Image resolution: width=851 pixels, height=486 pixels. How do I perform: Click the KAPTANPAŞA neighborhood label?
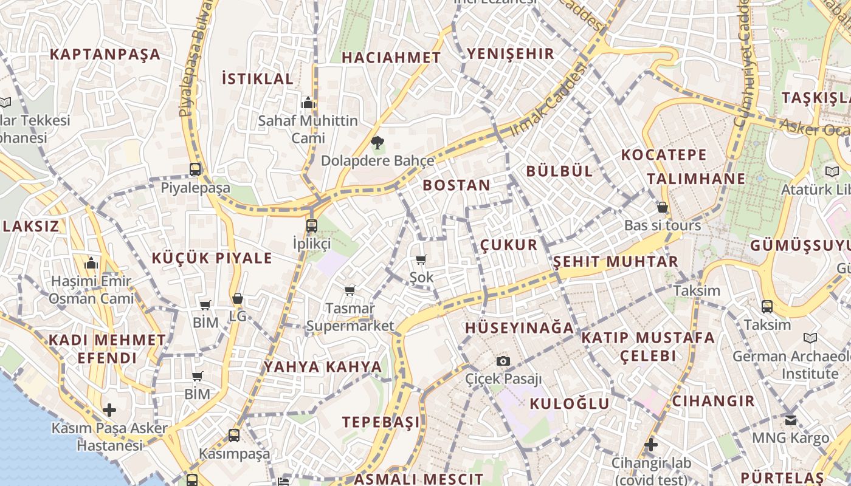click(105, 54)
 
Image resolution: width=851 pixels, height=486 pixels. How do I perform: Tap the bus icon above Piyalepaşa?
click(195, 169)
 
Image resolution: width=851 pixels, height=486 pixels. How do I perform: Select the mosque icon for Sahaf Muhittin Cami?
click(308, 103)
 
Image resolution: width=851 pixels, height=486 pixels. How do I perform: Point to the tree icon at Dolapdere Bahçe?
click(377, 143)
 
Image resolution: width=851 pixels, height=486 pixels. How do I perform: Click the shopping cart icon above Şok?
click(421, 260)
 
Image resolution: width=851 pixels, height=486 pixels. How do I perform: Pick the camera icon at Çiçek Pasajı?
click(503, 361)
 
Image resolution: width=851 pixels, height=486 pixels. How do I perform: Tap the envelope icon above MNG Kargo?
click(790, 420)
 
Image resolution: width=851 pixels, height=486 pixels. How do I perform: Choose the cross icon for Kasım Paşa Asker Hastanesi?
click(109, 410)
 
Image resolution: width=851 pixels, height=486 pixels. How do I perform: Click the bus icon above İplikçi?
click(312, 226)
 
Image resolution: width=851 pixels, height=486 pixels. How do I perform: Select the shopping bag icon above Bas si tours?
click(663, 208)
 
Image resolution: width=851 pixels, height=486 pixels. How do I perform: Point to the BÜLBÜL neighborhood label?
click(559, 171)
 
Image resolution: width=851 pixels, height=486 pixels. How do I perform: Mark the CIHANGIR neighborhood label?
click(713, 401)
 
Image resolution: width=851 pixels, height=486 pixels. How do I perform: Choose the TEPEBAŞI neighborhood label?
click(381, 422)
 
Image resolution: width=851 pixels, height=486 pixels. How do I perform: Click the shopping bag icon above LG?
click(238, 299)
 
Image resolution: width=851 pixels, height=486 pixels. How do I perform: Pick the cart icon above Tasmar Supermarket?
click(350, 291)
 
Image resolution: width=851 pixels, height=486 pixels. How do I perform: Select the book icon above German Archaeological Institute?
click(810, 338)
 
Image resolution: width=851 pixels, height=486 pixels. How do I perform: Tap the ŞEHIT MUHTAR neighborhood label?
click(615, 262)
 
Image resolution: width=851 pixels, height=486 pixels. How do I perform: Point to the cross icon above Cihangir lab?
click(651, 445)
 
